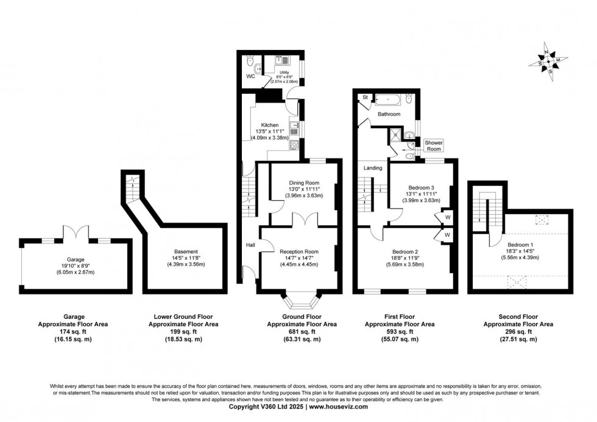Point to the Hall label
[250, 245]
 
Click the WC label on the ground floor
[250, 77]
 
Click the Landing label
[373, 168]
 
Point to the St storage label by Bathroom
[365, 97]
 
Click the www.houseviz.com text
[340, 406]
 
